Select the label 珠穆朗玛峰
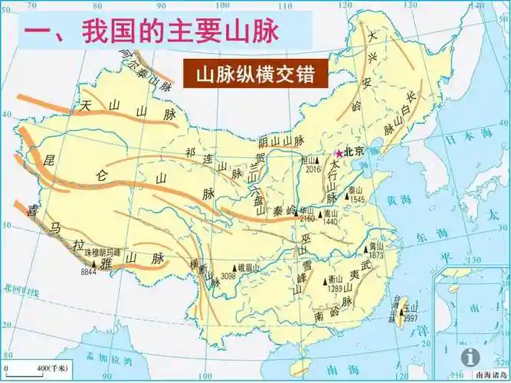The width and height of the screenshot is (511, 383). tap(103, 251)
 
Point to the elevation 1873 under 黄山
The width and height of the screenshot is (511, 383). tap(375, 254)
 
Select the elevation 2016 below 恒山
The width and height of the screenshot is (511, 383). tap(312, 170)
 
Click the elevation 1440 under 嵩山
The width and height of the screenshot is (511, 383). tap(331, 221)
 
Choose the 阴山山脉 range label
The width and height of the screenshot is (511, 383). tap(281, 142)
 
